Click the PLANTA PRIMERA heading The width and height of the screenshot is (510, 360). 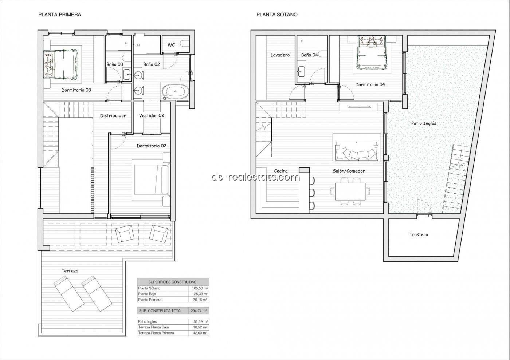point(60,15)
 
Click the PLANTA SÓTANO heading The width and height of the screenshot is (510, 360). point(277,15)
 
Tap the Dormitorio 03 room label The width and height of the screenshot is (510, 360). point(76,90)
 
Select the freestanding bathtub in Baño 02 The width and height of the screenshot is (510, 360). point(176,91)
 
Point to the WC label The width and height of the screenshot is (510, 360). point(171,45)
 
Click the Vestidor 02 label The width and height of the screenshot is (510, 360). point(152,116)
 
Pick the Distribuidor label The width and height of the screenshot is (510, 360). point(113,116)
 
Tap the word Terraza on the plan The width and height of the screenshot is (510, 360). point(70,271)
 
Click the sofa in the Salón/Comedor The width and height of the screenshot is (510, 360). point(357,151)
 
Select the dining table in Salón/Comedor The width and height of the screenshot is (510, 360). point(350,191)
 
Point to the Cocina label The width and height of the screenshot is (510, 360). point(281,171)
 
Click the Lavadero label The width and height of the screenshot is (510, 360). point(280,55)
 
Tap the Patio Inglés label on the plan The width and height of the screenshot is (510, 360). point(424,123)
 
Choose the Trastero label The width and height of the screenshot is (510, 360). point(419,235)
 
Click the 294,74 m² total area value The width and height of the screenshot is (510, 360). point(199,311)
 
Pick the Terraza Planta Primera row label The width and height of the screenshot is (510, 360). point(156,333)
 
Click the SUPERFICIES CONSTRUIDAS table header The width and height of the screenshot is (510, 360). point(172,282)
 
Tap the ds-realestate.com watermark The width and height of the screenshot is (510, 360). point(256,177)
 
